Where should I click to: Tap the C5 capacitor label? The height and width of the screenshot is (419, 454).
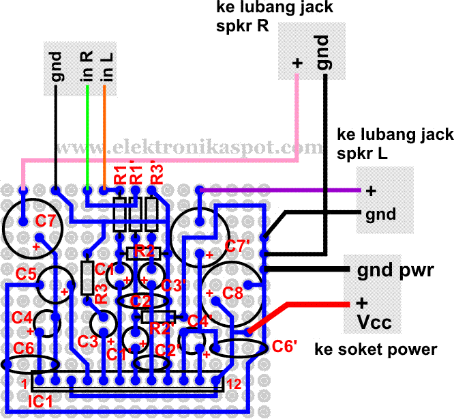tap(27, 274)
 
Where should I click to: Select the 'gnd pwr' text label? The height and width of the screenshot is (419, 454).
tap(395, 271)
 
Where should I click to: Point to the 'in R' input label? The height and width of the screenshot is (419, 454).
tap(87, 68)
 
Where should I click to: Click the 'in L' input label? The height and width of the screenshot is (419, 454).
tap(107, 68)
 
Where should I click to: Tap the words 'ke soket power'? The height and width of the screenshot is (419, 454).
tap(375, 350)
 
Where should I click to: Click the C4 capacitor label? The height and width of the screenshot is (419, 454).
tap(22, 317)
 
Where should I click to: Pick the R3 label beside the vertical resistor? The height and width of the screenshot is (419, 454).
tap(101, 294)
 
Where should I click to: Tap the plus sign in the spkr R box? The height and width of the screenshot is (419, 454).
tap(297, 63)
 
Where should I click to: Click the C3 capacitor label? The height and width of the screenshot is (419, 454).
tap(88, 341)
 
